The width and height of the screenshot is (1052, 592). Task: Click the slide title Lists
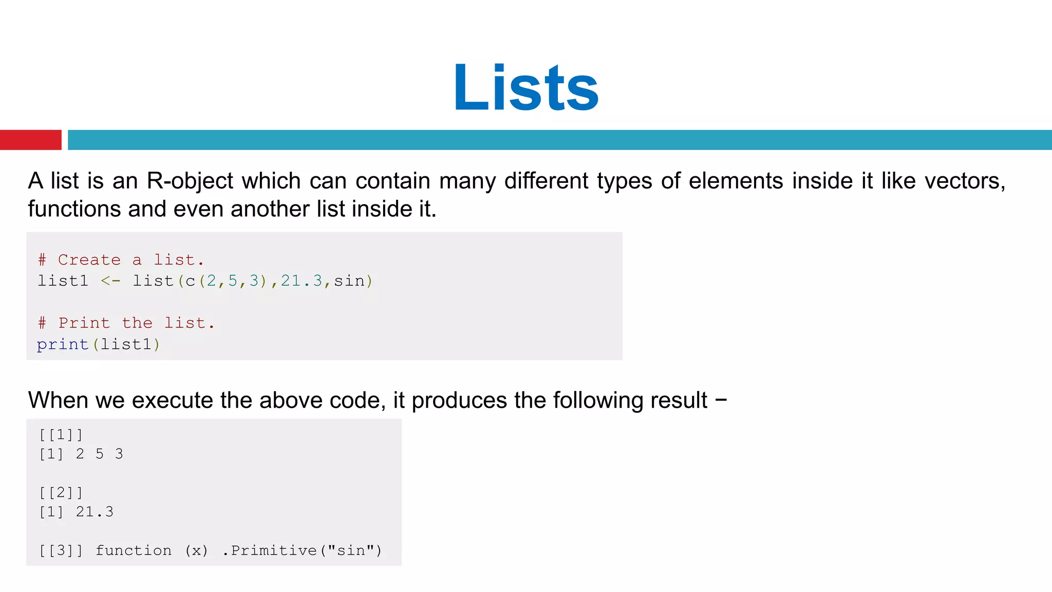tap(526, 87)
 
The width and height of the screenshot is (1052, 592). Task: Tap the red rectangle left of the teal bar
tap(30, 140)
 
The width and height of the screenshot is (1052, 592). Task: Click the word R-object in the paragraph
tap(190, 181)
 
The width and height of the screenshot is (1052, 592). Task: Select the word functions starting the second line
tap(74, 209)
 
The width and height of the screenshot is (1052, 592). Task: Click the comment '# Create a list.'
tap(121, 260)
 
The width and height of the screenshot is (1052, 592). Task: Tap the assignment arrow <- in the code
tap(110, 281)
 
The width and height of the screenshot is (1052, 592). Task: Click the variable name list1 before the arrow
tap(63, 281)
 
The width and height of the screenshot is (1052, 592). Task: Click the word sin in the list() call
tap(349, 281)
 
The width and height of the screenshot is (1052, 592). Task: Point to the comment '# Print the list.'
tap(126, 323)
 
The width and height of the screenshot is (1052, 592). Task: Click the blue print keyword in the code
tap(63, 344)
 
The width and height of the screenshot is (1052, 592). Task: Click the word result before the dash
tap(679, 400)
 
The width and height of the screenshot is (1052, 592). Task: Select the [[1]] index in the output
tap(61, 435)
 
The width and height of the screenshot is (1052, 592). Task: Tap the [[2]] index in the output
tap(61, 493)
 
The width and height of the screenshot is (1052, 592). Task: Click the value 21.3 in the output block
tap(95, 512)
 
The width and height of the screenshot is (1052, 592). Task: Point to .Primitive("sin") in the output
tap(303, 551)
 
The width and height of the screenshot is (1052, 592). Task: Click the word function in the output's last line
tap(134, 551)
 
